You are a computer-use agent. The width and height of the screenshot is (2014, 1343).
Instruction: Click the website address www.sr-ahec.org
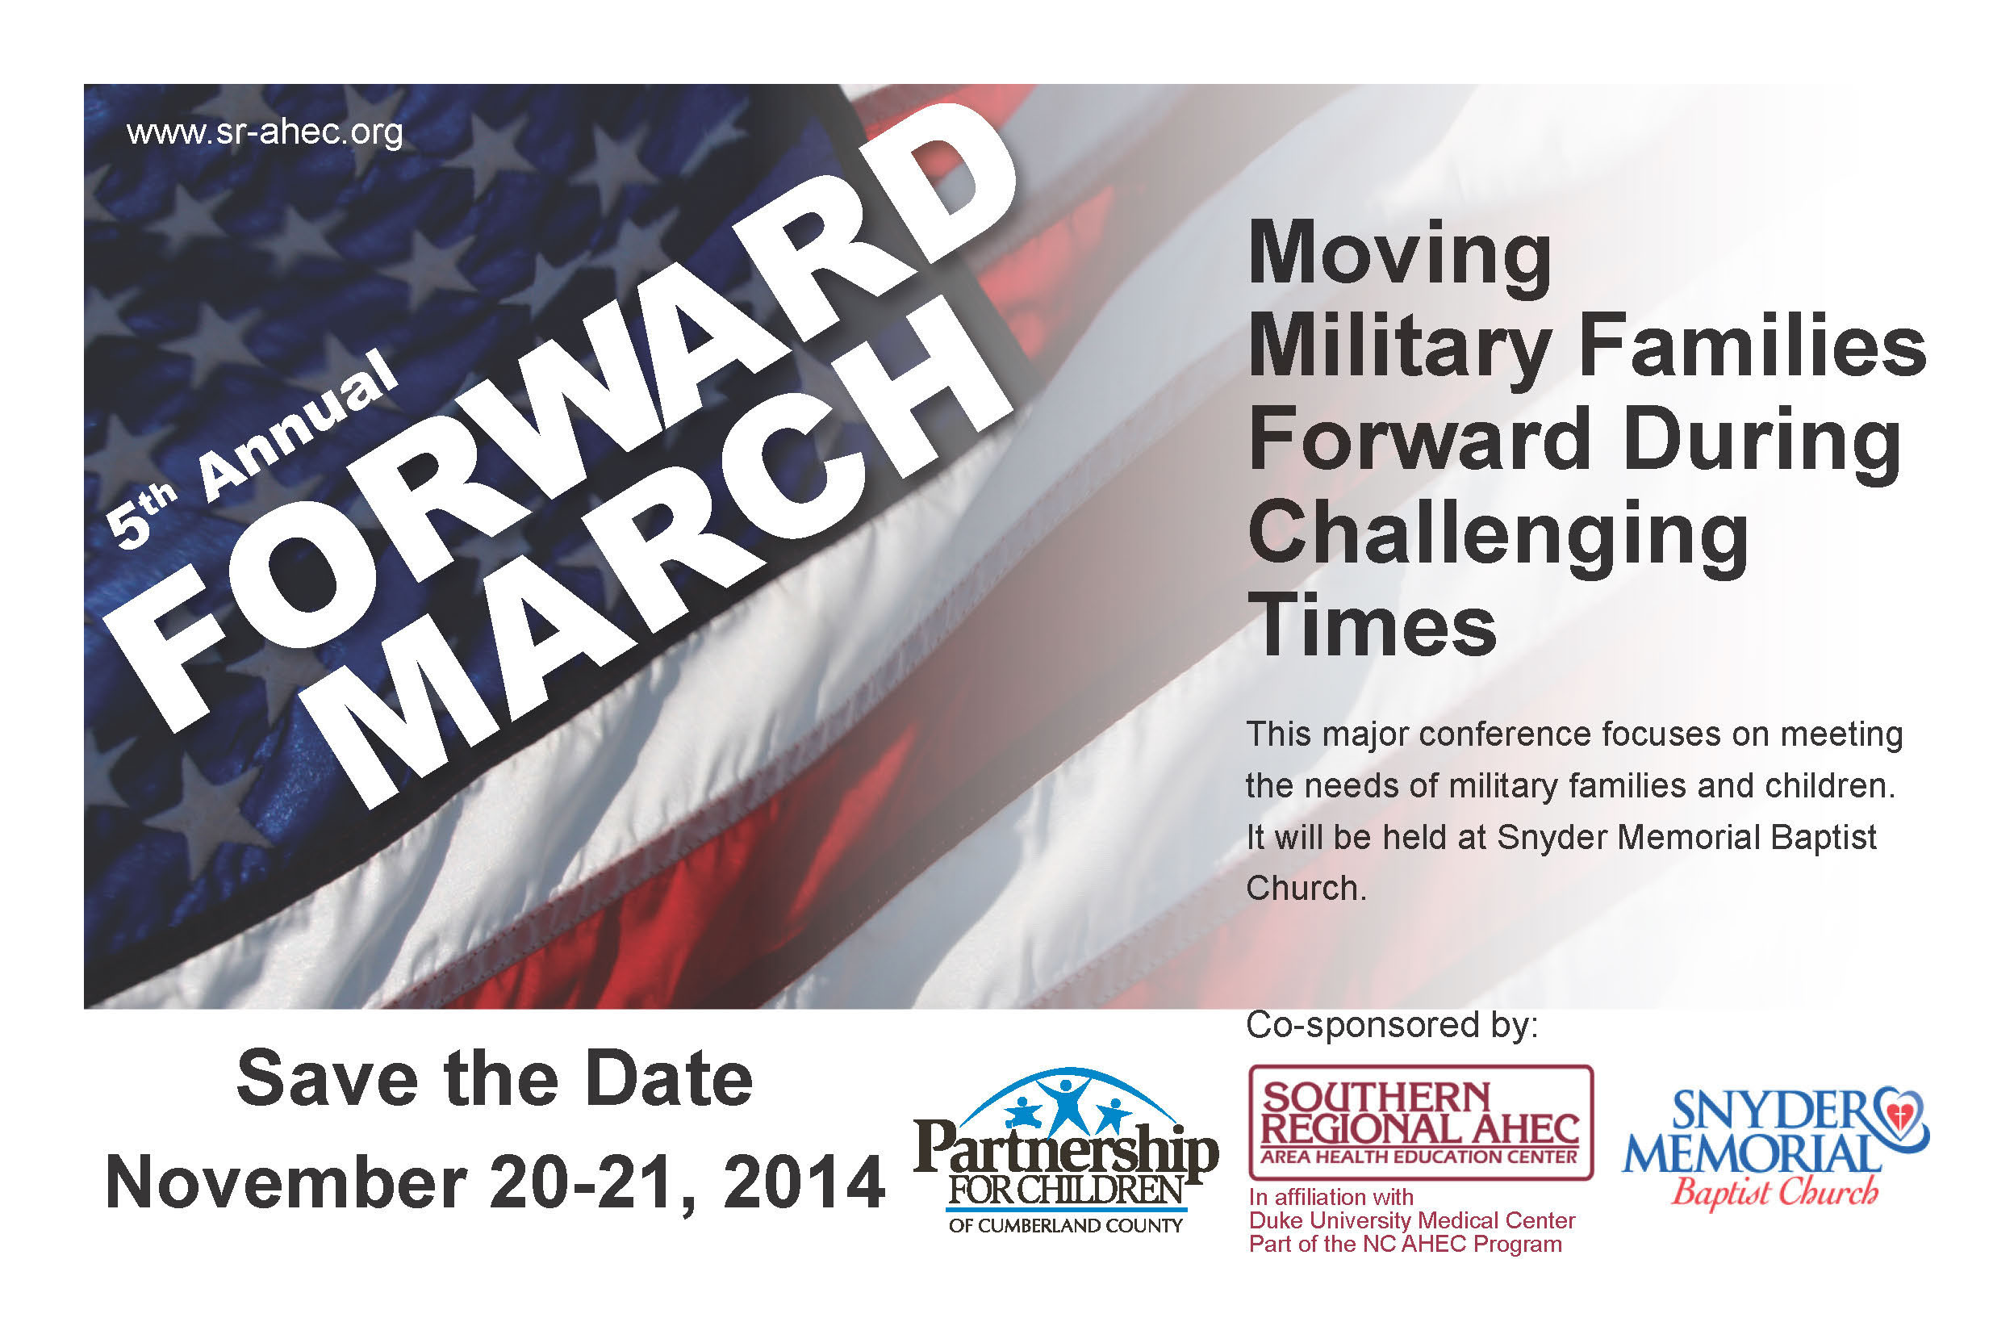265,132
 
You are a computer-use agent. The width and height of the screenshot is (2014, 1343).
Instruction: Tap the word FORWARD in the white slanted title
561,420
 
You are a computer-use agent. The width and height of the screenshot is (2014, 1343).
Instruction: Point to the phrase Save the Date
494,1079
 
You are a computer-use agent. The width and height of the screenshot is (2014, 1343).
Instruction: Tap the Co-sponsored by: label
1391,1025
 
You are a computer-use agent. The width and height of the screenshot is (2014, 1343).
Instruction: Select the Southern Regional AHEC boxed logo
1421,1123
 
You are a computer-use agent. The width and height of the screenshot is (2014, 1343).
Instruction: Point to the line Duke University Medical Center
1412,1220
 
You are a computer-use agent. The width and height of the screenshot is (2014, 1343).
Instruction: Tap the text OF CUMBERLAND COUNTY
1066,1226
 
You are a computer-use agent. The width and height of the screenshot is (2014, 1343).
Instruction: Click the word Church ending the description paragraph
1306,888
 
